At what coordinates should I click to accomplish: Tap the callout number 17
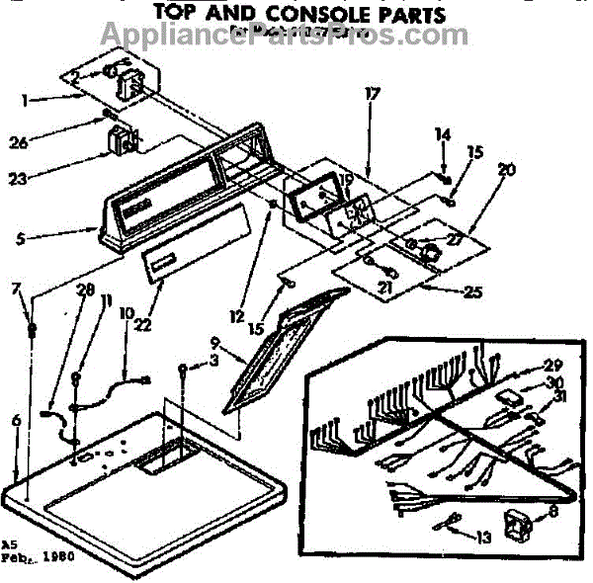tap(372, 95)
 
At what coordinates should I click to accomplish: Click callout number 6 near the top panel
tap(15, 420)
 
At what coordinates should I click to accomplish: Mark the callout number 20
tap(507, 170)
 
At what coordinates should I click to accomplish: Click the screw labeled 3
tap(184, 371)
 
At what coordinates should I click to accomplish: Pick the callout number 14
tap(443, 133)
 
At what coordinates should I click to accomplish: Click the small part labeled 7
tap(33, 327)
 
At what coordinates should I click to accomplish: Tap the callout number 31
tap(535, 397)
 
